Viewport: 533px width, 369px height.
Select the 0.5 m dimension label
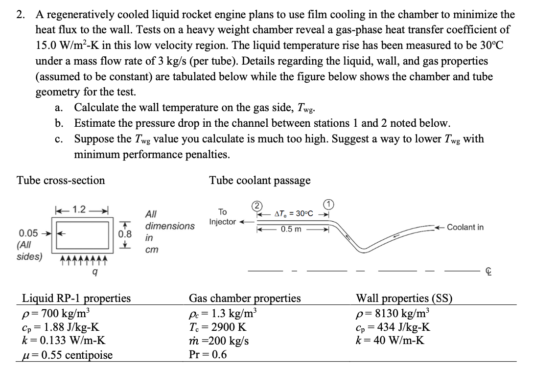pos(291,230)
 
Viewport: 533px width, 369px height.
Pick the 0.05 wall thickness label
pos(29,232)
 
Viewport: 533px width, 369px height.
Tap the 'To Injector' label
pos(223,217)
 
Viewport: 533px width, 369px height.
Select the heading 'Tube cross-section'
pos(61,181)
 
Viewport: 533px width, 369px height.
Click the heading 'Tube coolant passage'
pos(260,181)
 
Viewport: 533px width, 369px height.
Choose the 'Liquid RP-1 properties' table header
pos(76,298)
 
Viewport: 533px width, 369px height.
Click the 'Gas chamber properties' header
pos(245,298)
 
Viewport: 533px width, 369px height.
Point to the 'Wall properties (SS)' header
pos(404,298)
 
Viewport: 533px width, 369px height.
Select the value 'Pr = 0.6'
pos(208,354)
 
